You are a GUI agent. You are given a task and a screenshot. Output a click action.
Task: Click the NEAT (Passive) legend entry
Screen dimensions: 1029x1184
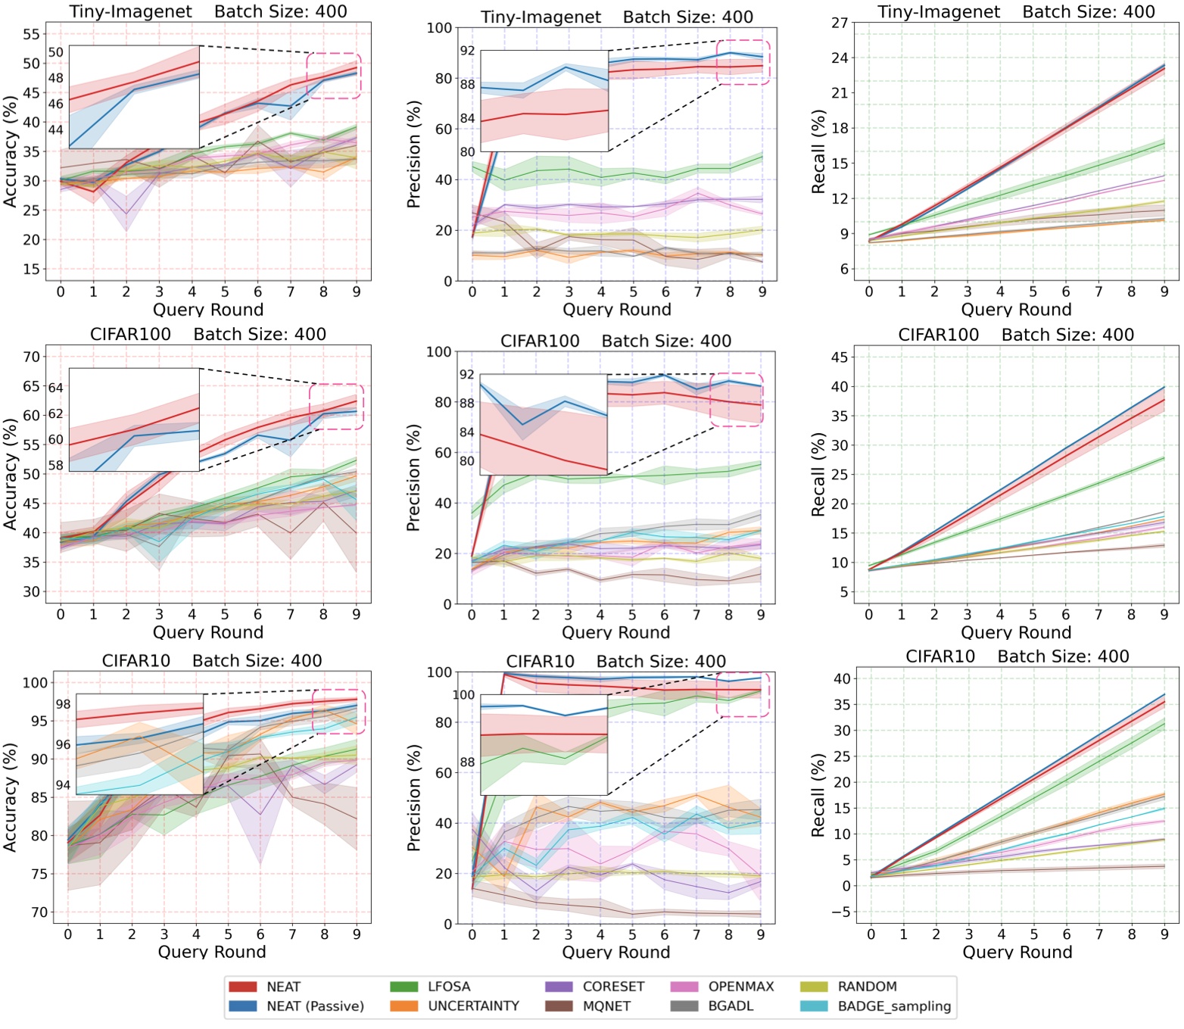coord(315,1006)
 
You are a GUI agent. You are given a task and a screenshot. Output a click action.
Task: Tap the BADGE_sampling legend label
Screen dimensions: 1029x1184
coord(894,1006)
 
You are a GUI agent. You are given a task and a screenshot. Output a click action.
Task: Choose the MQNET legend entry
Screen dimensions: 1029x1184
coord(606,1006)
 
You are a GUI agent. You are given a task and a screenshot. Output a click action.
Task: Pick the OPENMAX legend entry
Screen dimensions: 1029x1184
coord(740,987)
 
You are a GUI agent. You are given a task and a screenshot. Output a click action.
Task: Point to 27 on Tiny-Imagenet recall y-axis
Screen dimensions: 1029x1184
coord(840,23)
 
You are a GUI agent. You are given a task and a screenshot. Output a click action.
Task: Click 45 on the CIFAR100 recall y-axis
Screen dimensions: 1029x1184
coord(840,357)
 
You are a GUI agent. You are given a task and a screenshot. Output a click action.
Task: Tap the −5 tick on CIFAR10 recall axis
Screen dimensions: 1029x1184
coord(840,912)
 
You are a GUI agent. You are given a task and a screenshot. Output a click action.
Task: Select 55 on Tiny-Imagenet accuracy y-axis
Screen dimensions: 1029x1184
coord(31,34)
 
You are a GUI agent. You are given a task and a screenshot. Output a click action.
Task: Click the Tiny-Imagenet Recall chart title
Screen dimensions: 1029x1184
coord(1016,12)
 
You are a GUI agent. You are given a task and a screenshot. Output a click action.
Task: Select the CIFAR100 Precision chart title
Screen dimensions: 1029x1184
coord(615,341)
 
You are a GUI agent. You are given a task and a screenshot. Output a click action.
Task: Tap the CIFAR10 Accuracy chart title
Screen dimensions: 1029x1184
coord(212,661)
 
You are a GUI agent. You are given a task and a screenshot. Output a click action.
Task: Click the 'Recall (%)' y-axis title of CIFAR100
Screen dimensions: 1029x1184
coord(818,475)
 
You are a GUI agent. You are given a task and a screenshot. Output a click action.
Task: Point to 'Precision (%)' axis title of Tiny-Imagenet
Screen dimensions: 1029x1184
coord(413,155)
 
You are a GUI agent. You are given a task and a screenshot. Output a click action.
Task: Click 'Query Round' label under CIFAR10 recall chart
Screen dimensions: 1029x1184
coord(1017,952)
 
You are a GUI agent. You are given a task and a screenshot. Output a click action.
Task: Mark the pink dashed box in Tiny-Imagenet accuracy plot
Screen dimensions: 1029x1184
coord(334,76)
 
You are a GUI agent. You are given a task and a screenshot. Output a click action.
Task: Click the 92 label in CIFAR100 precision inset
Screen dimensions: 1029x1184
coord(467,375)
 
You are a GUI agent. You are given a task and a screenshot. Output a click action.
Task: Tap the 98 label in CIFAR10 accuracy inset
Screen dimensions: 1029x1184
coord(63,704)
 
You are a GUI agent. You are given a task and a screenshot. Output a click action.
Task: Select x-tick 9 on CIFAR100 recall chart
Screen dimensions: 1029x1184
coord(1164,615)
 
